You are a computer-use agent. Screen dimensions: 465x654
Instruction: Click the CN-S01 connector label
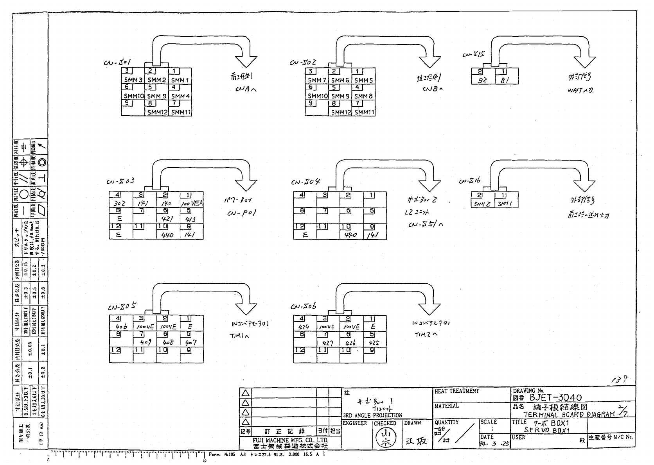(117, 63)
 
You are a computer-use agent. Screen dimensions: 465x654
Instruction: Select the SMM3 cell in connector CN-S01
(133, 80)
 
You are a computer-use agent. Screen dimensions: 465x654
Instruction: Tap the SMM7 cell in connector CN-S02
(316, 80)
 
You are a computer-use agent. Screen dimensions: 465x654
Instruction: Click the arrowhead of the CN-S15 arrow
(584, 63)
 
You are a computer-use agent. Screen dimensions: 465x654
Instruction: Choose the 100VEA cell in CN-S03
(192, 204)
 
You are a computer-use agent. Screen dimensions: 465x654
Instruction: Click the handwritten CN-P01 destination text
(241, 214)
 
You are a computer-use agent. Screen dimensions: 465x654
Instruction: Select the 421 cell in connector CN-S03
(168, 219)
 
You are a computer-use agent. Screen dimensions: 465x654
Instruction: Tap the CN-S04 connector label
(305, 182)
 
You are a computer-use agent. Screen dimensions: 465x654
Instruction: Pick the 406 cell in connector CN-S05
(120, 327)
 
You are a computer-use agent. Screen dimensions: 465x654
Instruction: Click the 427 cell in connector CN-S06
(327, 343)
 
